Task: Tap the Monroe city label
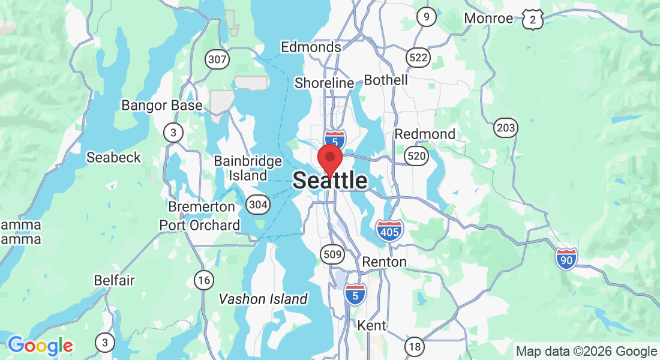[x=488, y=19]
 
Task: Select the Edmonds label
[x=311, y=47]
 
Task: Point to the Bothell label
[x=386, y=80]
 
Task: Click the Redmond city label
[x=425, y=134]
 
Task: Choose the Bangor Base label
[x=162, y=106]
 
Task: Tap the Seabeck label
[x=113, y=157]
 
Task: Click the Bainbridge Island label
[x=248, y=169]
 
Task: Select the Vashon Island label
[x=263, y=299]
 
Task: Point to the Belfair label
[x=115, y=280]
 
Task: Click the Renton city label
[x=385, y=262]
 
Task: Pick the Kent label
[x=371, y=326]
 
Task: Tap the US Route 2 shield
[x=532, y=20]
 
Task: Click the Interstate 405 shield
[x=389, y=230]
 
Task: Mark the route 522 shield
[x=418, y=58]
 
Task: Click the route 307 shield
[x=216, y=59]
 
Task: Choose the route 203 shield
[x=506, y=127]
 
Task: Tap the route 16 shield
[x=204, y=279]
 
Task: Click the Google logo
[x=40, y=346]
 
